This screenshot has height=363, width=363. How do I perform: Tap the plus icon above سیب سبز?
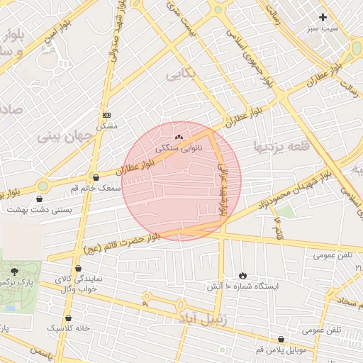(323, 17)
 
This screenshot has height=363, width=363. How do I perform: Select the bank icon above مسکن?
(107, 114)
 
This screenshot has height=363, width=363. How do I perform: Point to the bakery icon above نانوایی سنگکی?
(178, 138)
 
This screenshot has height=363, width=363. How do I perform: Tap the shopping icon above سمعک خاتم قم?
(96, 177)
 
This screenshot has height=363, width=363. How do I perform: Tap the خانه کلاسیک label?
(69, 329)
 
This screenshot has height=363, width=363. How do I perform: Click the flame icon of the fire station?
(243, 275)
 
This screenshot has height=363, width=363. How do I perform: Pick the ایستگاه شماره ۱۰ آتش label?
(243, 287)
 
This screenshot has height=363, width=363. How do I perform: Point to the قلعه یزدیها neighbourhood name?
(278, 147)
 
